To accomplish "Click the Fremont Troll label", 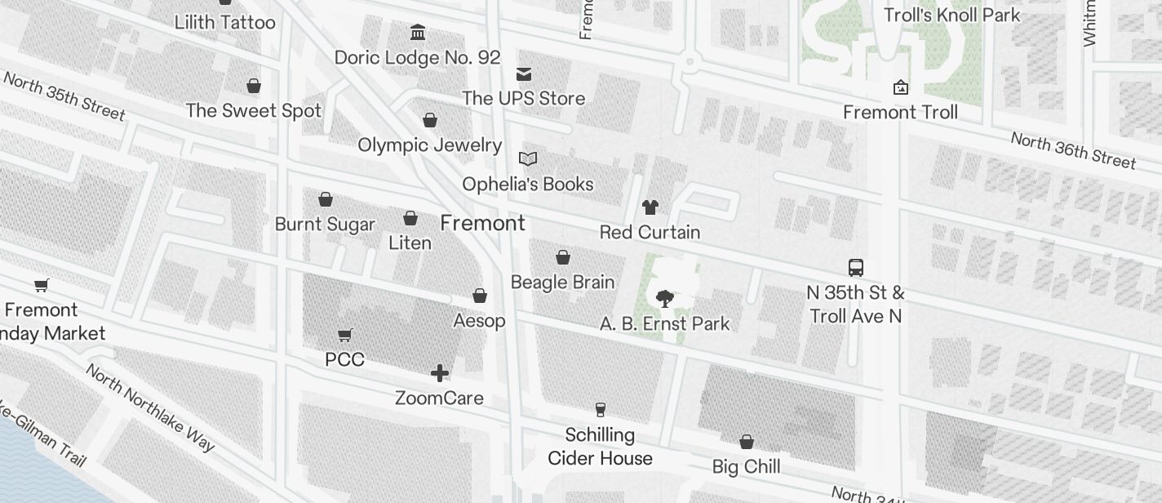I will pyautogui.click(x=900, y=112).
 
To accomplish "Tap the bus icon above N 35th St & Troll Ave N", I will pyautogui.click(x=856, y=268).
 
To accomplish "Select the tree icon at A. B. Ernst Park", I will pyautogui.click(x=665, y=298).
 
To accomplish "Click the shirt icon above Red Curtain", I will pyautogui.click(x=650, y=207).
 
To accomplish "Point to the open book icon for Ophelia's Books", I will pyautogui.click(x=528, y=159).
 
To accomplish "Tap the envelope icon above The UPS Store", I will pyautogui.click(x=524, y=74).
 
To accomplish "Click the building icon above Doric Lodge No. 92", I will pyautogui.click(x=418, y=33).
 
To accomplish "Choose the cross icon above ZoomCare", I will pyautogui.click(x=440, y=374).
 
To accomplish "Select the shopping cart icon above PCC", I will pyautogui.click(x=344, y=335).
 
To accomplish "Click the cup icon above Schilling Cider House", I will pyautogui.click(x=601, y=410).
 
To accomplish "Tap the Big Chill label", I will pyautogui.click(x=746, y=467).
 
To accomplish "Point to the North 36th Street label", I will pyautogui.click(x=1072, y=150).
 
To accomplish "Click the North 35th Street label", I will pyautogui.click(x=64, y=96).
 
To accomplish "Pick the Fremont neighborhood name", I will pyautogui.click(x=482, y=223).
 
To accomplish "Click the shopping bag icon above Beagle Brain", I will pyautogui.click(x=562, y=258).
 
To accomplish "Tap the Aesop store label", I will pyautogui.click(x=479, y=321).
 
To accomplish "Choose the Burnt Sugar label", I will pyautogui.click(x=325, y=224).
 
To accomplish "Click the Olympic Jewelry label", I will pyautogui.click(x=429, y=145).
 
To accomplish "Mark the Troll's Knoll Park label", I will pyautogui.click(x=952, y=15).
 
